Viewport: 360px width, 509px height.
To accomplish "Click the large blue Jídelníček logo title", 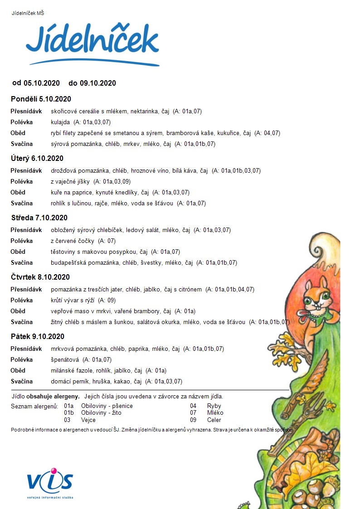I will click(92, 42).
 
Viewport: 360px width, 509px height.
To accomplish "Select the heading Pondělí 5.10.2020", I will click(41, 99).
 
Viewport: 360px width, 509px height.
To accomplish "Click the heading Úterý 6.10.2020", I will click(37, 159).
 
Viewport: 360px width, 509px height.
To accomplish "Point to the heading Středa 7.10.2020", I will click(39, 218).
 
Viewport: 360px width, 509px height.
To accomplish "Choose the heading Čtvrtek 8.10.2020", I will click(40, 277).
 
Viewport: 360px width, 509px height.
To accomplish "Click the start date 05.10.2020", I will click(42, 83).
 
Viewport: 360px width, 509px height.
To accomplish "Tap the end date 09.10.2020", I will click(98, 83).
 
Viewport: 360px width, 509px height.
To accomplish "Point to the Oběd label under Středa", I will click(18, 252).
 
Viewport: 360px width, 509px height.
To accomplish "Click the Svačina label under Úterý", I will click(22, 204).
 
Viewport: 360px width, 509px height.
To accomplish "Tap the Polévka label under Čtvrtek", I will click(22, 301).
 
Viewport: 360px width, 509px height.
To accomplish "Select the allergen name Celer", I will click(214, 420).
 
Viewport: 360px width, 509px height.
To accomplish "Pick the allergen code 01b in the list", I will click(69, 413).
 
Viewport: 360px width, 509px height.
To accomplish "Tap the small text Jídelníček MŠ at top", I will click(28, 13).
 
